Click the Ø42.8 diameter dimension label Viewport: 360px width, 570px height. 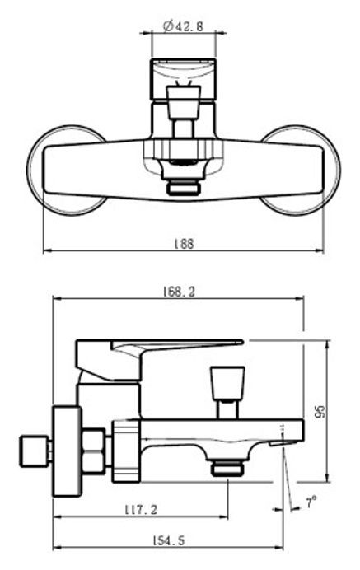click(x=180, y=26)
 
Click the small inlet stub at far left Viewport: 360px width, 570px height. click(x=33, y=451)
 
